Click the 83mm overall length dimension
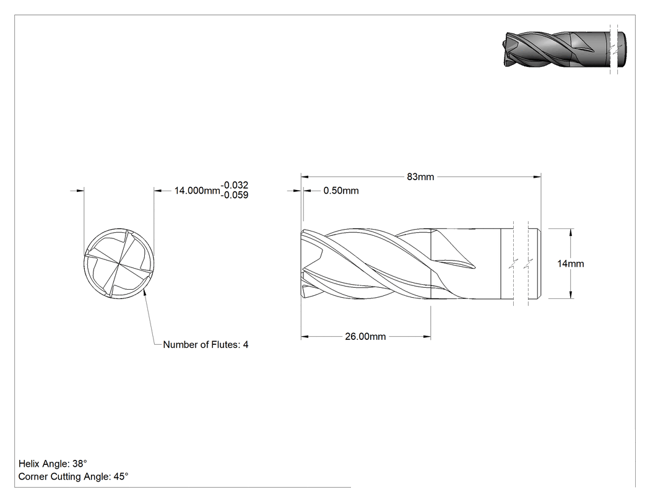coord(420,176)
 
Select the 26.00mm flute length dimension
coord(365,336)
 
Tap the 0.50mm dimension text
coord(340,191)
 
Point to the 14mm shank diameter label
coord(570,264)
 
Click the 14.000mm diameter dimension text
coord(197,191)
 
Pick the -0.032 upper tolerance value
coord(235,185)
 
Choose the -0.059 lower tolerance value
coord(235,195)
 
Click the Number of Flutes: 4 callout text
coord(206,345)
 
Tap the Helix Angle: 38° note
coord(53,464)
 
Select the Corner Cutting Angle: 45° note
coord(74,476)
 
